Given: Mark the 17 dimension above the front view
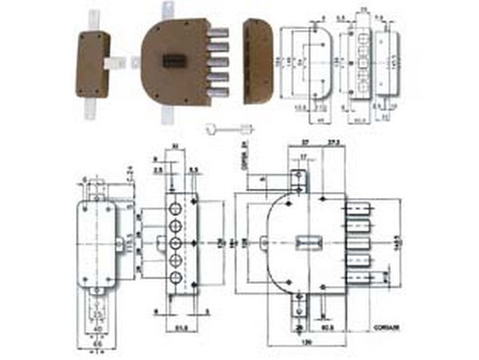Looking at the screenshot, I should tap(306, 156).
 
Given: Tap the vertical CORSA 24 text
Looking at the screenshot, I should tap(245, 145).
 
